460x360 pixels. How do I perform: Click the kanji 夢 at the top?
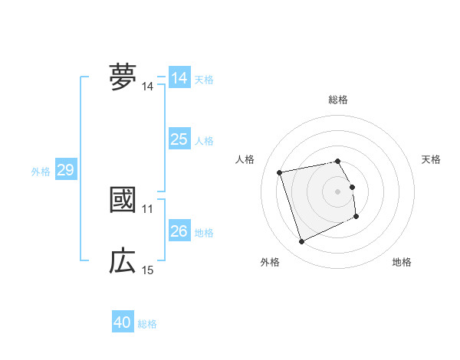pyautogui.click(x=123, y=77)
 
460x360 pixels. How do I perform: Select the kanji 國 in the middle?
pyautogui.click(x=123, y=199)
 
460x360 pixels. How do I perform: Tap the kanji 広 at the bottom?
pyautogui.click(x=123, y=261)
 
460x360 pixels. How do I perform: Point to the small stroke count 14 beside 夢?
pyautogui.click(x=148, y=87)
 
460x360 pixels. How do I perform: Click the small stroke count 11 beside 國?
pyautogui.click(x=148, y=208)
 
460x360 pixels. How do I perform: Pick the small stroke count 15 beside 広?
pyautogui.click(x=148, y=270)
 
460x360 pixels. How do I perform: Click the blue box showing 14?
pyautogui.click(x=179, y=78)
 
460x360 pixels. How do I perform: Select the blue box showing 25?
pyautogui.click(x=179, y=139)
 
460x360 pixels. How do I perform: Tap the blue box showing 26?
pyautogui.click(x=179, y=231)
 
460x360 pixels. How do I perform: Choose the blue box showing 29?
pyautogui.click(x=65, y=170)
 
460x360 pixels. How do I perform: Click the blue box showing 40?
pyautogui.click(x=122, y=322)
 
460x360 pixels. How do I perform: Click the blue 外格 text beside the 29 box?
pyautogui.click(x=41, y=172)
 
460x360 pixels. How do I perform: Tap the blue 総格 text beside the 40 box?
pyautogui.click(x=147, y=324)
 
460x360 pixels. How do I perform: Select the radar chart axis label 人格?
pyautogui.click(x=245, y=159)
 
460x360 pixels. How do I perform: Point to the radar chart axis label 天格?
pyautogui.click(x=431, y=159)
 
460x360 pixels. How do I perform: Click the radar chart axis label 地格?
pyautogui.click(x=402, y=263)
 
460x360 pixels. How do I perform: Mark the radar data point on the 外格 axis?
pyautogui.click(x=301, y=242)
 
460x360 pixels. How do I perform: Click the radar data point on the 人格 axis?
pyautogui.click(x=280, y=172)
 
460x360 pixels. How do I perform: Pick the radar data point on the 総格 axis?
pyautogui.click(x=337, y=161)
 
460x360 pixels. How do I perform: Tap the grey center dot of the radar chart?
pyautogui.click(x=337, y=191)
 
